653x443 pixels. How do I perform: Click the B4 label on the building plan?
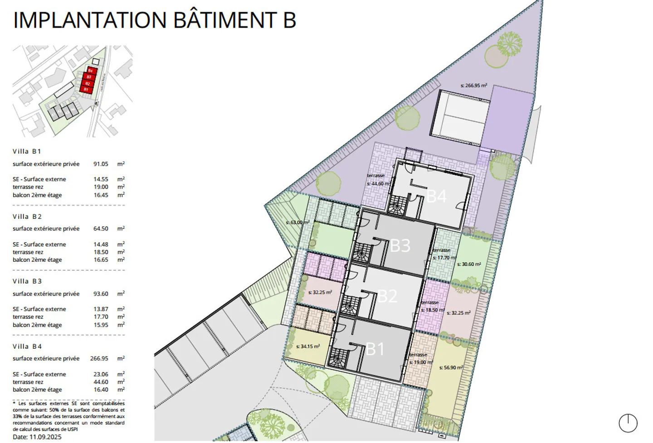pos(436,197)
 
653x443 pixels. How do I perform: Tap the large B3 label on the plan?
pos(400,246)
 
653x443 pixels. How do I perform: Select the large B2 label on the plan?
pos(387,296)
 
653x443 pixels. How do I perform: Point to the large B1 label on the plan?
pos(375,349)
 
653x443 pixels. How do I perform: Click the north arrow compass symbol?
pos(628,424)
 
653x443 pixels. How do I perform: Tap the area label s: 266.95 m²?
pos(473,85)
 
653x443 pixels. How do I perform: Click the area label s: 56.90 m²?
pos(451,368)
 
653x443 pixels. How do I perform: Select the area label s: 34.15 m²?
pos(308,347)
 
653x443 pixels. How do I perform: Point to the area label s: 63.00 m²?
pos(297,222)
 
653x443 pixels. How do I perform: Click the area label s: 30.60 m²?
pos(469,264)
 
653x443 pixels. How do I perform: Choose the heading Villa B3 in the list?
pos(27,281)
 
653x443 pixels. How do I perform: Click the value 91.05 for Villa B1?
pos(101,164)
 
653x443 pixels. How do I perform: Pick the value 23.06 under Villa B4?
pos(101,374)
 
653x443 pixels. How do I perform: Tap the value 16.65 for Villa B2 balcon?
pos(101,260)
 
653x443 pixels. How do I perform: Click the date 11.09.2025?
pos(45,437)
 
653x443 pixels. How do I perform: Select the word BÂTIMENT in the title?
pos(226,20)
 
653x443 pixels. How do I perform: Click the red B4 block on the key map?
pos(90,71)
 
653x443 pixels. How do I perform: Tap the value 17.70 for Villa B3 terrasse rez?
pos(101,317)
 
